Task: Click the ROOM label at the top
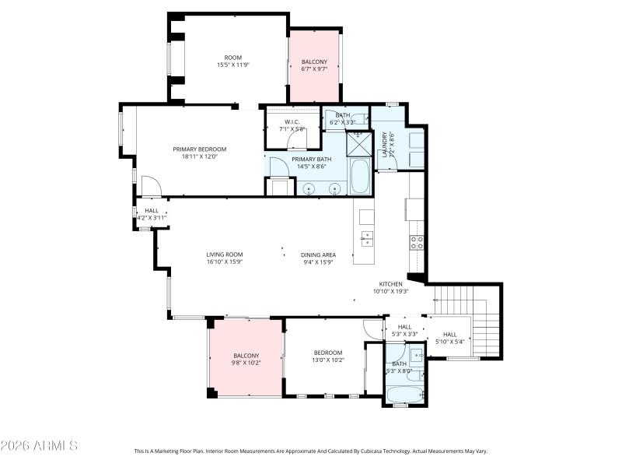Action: click(233, 57)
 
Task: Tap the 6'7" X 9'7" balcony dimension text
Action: click(314, 69)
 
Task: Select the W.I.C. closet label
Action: click(292, 121)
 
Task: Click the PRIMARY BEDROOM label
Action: click(199, 149)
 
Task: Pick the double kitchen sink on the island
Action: click(367, 237)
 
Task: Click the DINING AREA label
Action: click(318, 255)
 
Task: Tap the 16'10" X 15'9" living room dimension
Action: click(225, 262)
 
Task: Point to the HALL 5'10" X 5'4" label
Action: click(449, 338)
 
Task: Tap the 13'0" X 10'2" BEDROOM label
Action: click(327, 360)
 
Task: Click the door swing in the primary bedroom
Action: click(150, 185)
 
